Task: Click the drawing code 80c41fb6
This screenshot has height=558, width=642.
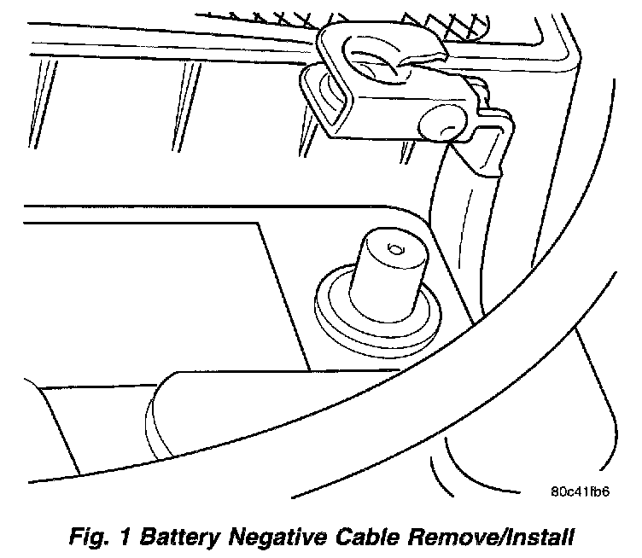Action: pyautogui.click(x=580, y=492)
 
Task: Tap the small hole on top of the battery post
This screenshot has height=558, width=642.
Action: pyautogui.click(x=393, y=248)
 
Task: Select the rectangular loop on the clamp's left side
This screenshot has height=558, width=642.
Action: pyautogui.click(x=320, y=98)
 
